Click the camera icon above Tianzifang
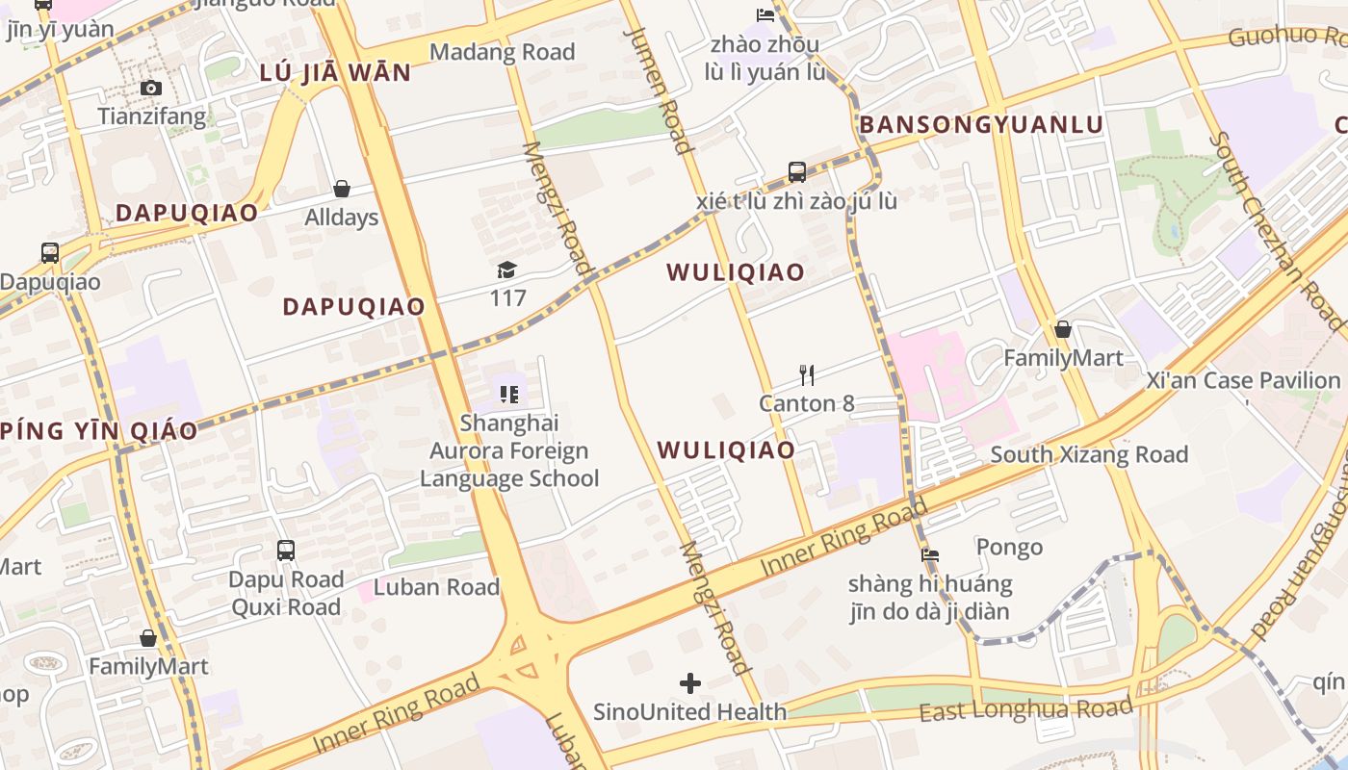pos(151,89)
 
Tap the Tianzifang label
pos(151,117)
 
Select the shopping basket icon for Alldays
pos(342,189)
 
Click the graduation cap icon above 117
pos(507,269)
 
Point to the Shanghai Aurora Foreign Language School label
pos(509,450)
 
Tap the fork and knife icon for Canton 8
pos(807,374)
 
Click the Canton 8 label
pos(807,403)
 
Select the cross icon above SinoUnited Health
pos(690,683)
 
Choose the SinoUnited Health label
pos(690,712)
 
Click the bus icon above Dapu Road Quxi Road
pos(286,551)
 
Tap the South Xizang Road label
pos(1089,454)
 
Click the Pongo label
pos(1009,548)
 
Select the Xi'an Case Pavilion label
pos(1243,380)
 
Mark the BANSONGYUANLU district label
pos(981,125)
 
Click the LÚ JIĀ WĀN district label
pos(335,72)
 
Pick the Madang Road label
pos(502,52)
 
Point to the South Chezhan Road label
pos(1276,231)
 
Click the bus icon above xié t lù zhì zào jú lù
pos(797,172)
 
